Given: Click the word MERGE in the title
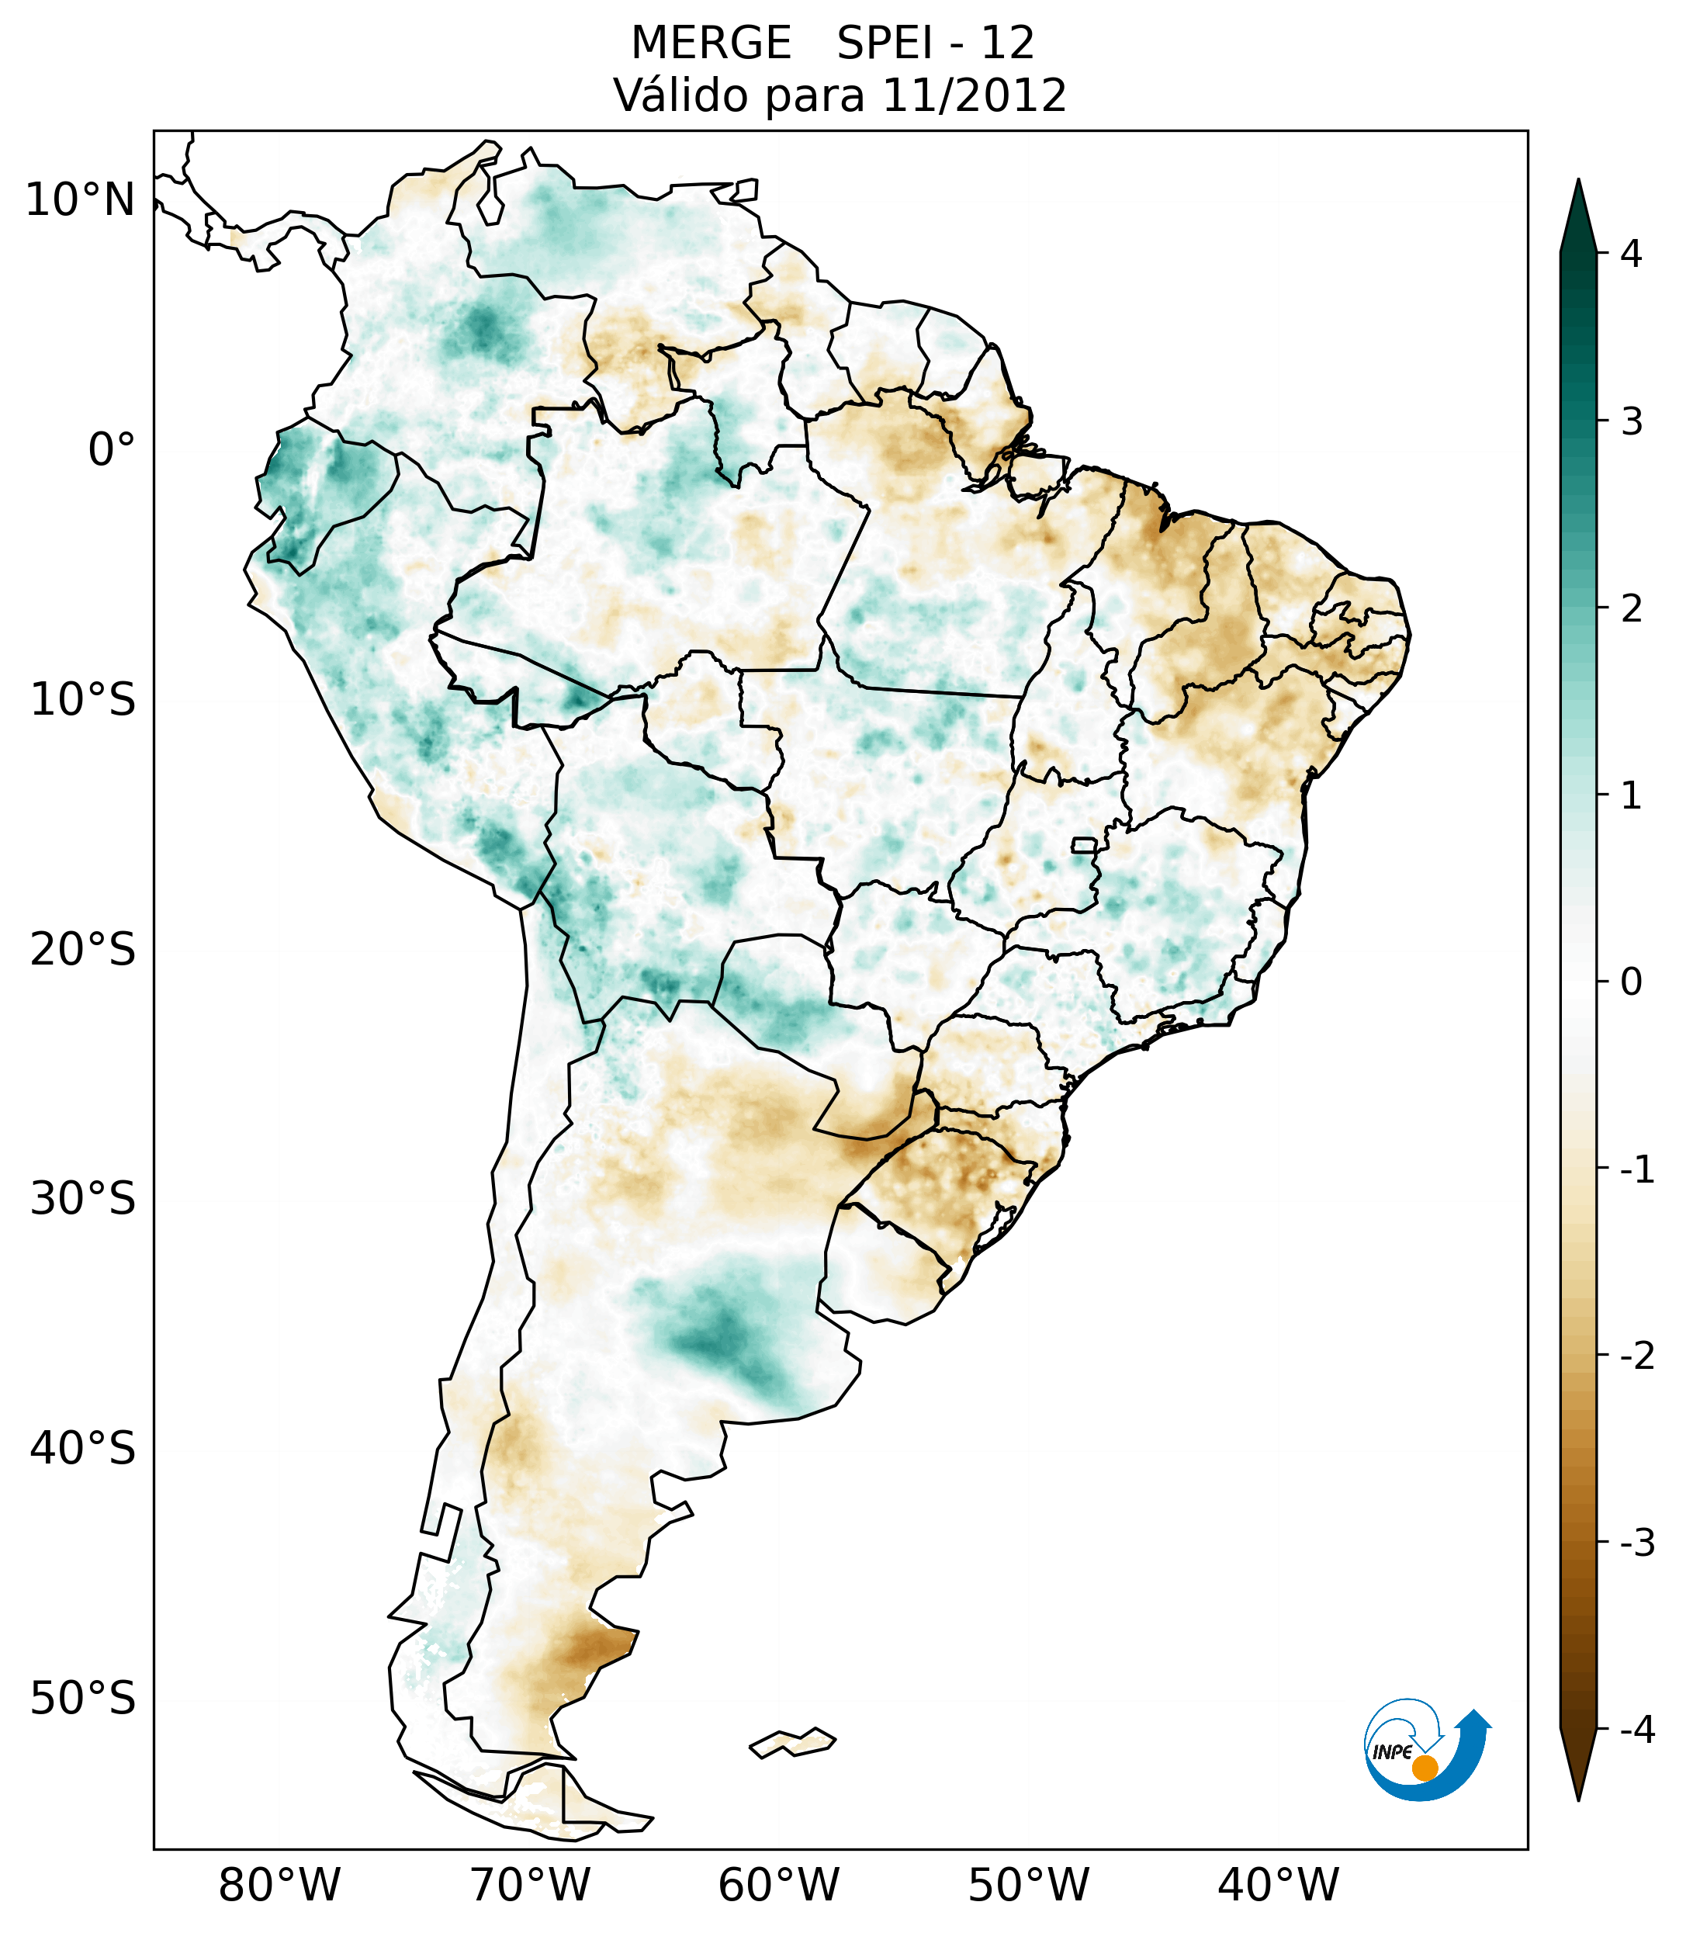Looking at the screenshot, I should point(710,43).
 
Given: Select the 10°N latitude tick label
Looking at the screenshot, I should point(81,200).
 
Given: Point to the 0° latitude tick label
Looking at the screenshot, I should point(112,449).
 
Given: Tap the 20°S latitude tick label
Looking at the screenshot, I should point(83,950).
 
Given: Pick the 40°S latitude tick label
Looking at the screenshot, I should point(83,1449).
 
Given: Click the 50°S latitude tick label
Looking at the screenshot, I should point(83,1699).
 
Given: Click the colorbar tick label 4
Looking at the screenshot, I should point(1631,254).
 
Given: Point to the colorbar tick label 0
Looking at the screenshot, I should point(1631,982).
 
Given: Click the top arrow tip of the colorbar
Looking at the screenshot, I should point(1577,182).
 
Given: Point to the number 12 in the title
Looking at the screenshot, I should point(1007,43).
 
